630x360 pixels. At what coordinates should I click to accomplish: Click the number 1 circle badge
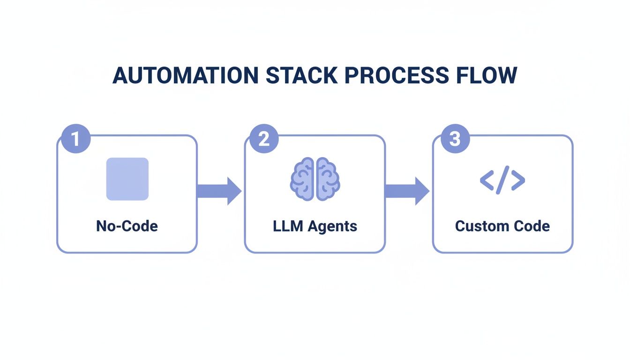point(75,139)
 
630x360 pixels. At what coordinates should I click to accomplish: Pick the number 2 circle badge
point(264,139)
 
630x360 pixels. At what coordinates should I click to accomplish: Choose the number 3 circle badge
point(455,139)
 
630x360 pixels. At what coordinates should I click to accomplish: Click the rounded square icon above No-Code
point(127,179)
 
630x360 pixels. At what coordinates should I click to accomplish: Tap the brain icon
point(315,179)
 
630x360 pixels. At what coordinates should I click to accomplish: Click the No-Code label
point(127,226)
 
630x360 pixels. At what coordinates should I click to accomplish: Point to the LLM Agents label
point(315,226)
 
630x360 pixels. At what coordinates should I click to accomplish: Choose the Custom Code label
point(502,226)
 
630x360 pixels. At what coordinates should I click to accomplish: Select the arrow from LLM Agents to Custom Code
point(406,191)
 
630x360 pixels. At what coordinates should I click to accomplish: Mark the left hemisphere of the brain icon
point(303,179)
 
